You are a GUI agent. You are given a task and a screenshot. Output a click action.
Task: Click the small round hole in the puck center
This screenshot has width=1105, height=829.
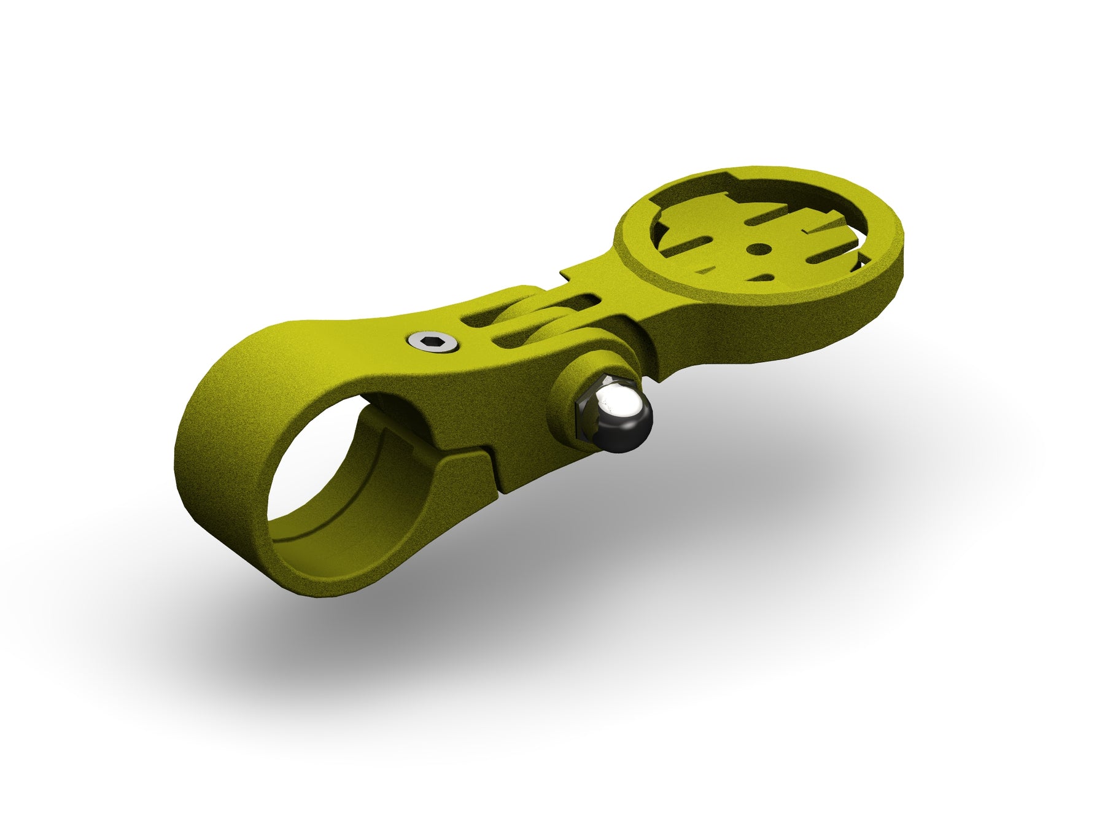pyautogui.click(x=759, y=249)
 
